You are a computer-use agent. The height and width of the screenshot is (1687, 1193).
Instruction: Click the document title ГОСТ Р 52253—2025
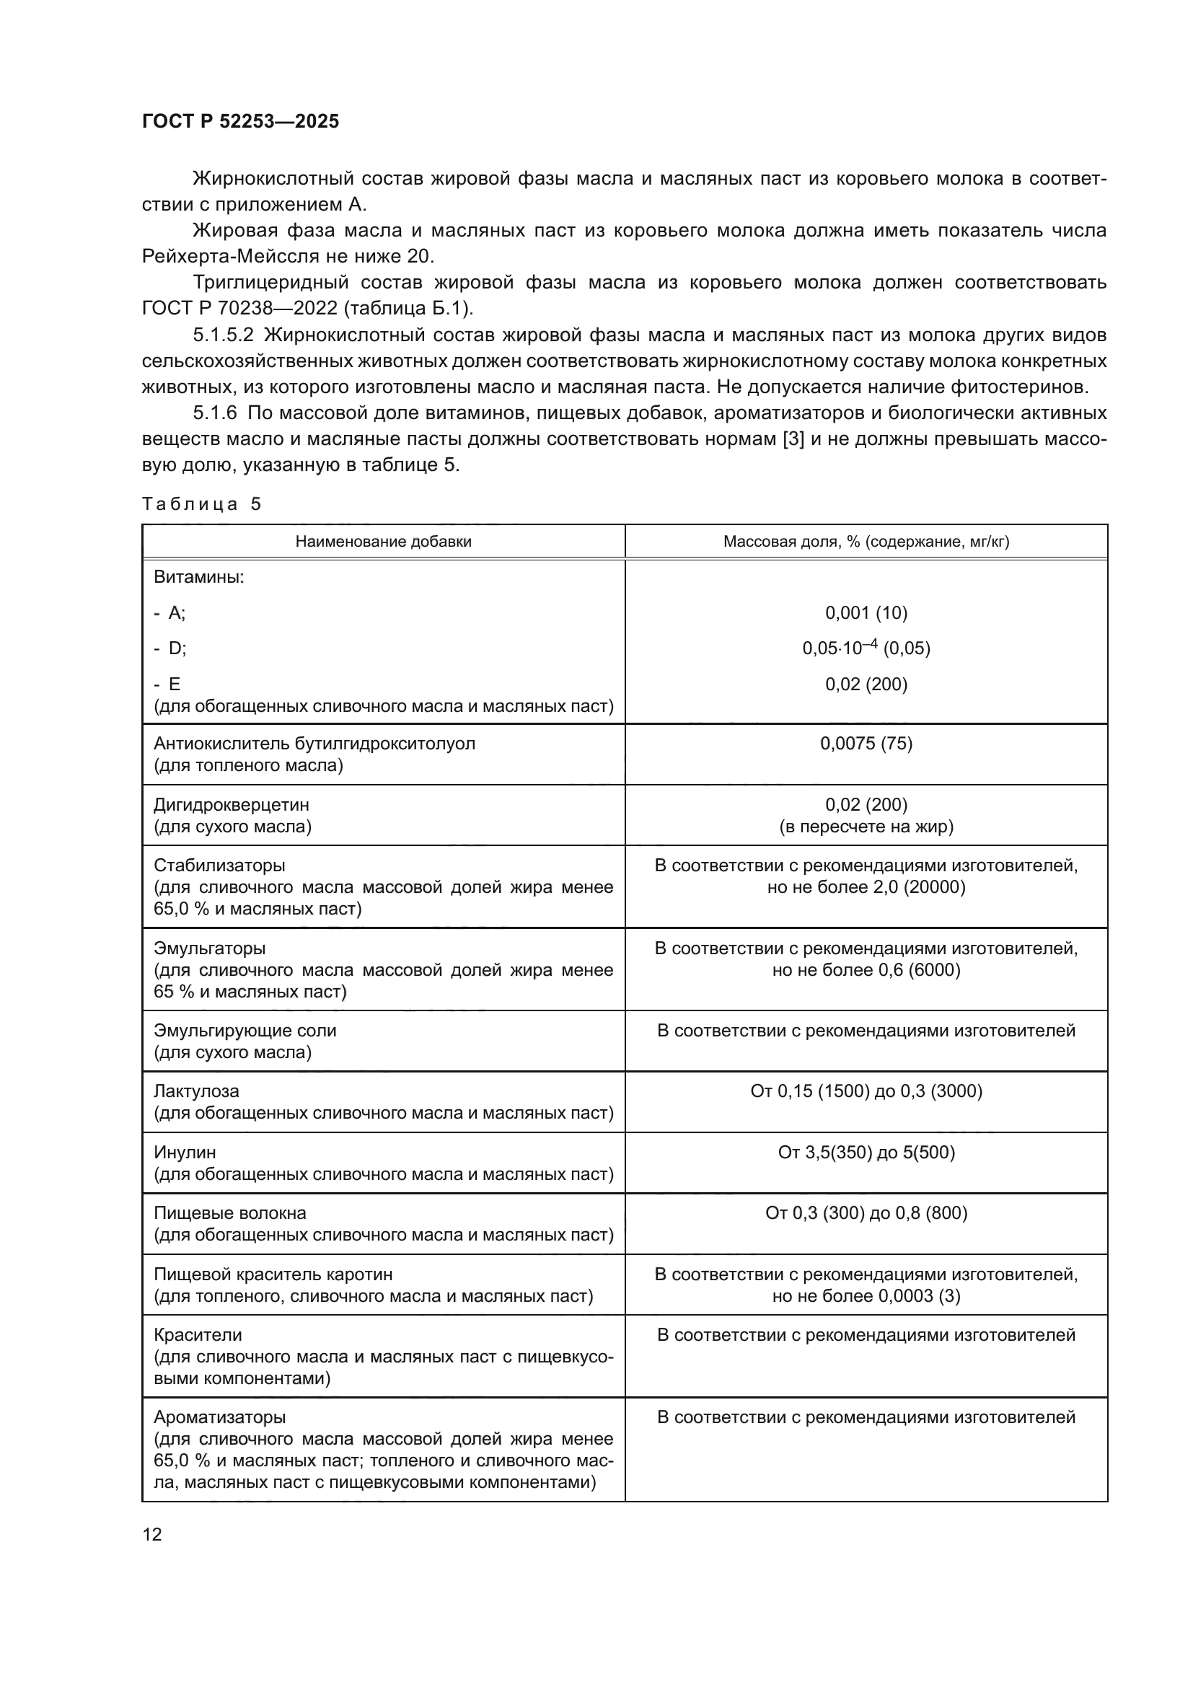(240, 122)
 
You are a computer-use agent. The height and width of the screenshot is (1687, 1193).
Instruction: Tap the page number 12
(152, 1534)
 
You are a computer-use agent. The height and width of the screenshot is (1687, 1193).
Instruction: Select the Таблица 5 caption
(201, 504)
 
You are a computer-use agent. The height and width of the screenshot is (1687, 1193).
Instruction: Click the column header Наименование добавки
(383, 542)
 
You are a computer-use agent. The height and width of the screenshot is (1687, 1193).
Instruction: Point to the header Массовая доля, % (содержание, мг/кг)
(866, 542)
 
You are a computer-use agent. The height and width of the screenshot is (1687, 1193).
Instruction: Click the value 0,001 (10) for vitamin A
(866, 613)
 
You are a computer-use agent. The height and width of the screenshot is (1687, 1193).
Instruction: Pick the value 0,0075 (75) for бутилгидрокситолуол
(866, 744)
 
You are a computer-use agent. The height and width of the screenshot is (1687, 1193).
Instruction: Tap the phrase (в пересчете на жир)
(866, 827)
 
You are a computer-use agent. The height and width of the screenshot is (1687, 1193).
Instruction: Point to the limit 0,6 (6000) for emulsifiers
(919, 970)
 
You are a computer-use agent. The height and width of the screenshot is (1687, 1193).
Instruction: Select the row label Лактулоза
(196, 1091)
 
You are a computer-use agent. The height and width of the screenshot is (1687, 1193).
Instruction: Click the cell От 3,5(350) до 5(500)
(866, 1152)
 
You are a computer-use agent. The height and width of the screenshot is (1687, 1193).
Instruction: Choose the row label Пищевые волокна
(229, 1213)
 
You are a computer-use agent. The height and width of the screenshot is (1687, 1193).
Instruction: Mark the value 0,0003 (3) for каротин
(919, 1295)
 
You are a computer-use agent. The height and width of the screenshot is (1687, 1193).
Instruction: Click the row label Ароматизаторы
(219, 1417)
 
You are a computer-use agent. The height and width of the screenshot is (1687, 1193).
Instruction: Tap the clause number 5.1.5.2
(223, 335)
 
